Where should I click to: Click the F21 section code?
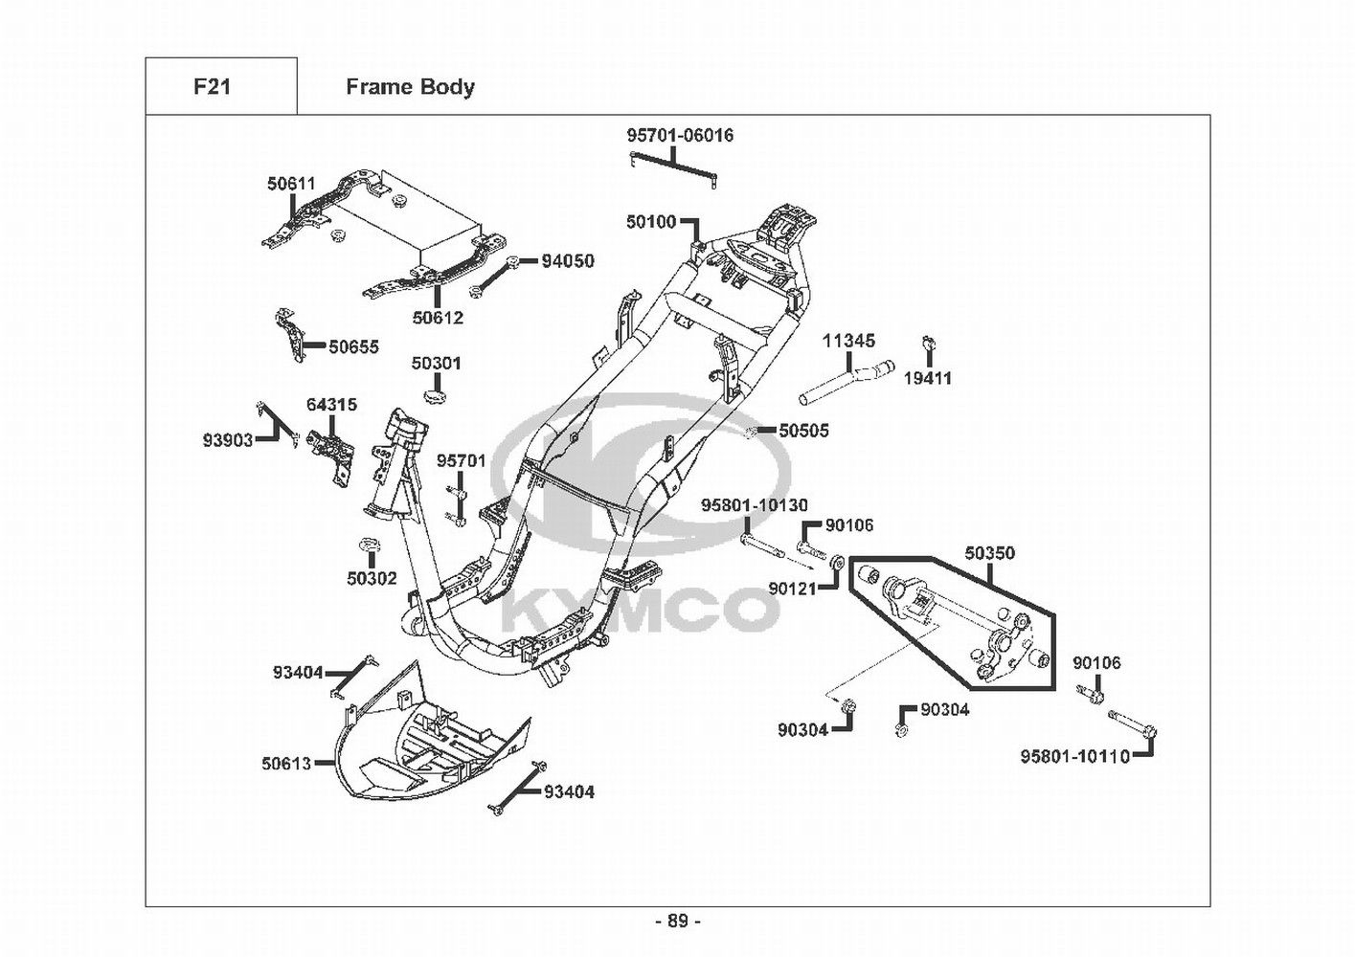tap(212, 87)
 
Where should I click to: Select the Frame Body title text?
tap(410, 88)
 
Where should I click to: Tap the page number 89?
tap(678, 922)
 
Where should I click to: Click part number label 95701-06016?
tap(680, 136)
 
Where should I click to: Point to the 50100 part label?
tap(651, 222)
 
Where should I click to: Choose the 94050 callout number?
tap(568, 261)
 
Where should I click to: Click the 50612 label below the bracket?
tap(438, 318)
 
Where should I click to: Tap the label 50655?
tap(354, 347)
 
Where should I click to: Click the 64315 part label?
tap(331, 405)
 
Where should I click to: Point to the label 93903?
tap(228, 440)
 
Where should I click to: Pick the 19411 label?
tap(928, 378)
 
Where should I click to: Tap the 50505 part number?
tap(804, 431)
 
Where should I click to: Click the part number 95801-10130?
tap(755, 504)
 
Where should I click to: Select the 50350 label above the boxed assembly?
tap(989, 552)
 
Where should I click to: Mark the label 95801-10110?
tap(1075, 756)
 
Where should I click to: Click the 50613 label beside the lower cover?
tap(286, 764)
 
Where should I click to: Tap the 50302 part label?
tap(372, 579)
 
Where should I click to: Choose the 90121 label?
tap(793, 588)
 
